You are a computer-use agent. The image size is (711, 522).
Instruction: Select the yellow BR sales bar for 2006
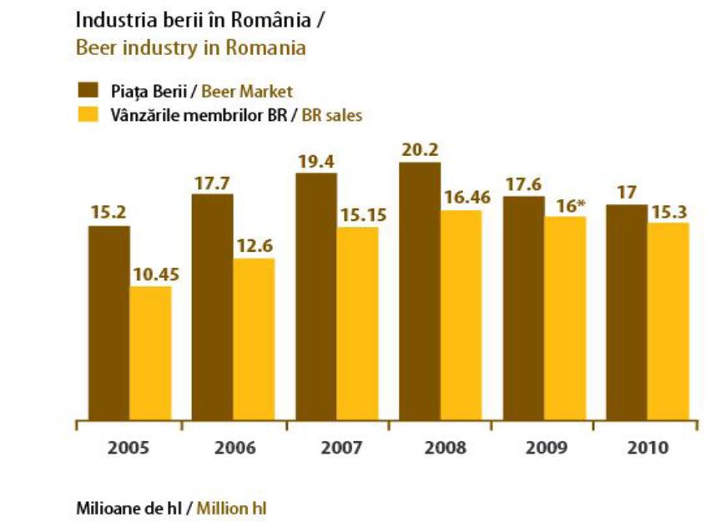point(254,338)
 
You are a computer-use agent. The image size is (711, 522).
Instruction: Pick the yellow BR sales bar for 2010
point(668,320)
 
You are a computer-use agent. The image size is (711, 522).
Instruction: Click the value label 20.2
point(420,150)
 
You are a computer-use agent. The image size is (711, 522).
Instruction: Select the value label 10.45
point(150,274)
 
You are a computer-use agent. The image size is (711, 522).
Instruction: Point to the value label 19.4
point(316,161)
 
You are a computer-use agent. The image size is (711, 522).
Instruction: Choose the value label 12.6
point(254,246)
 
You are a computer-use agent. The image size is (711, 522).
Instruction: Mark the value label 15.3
point(668,211)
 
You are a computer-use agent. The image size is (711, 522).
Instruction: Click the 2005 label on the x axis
point(129,447)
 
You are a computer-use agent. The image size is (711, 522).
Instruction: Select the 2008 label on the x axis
point(440,447)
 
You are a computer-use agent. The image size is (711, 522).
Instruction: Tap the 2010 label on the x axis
point(647,447)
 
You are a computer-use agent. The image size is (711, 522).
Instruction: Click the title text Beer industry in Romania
point(190,48)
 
